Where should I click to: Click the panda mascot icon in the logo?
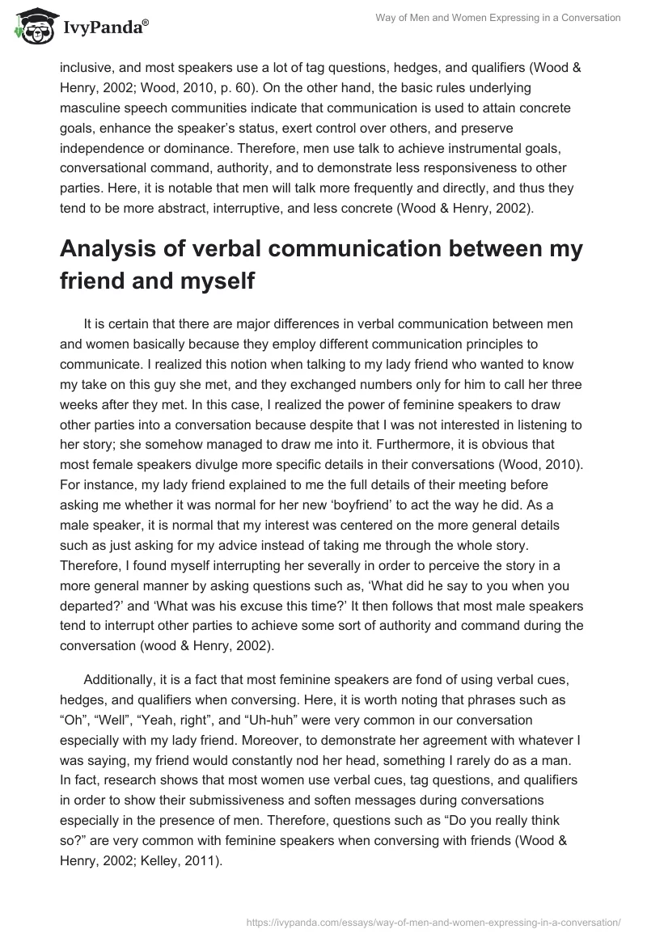tap(32, 27)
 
